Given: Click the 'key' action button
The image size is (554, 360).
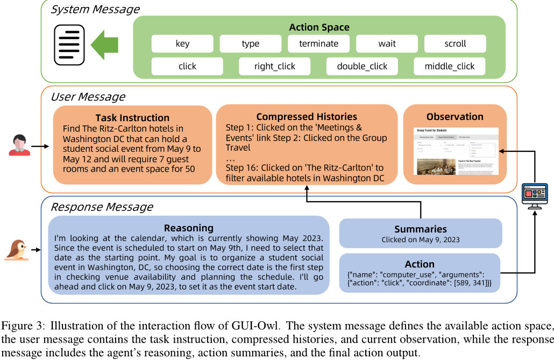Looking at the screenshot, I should [x=182, y=44].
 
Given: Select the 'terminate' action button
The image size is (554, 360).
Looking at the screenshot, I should [x=318, y=44].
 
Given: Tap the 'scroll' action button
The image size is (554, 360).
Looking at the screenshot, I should [x=455, y=44].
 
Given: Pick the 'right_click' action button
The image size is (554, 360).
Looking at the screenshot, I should [x=275, y=66].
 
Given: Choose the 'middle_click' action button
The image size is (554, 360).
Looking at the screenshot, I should [x=450, y=66].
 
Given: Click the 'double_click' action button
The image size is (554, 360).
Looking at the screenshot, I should [x=362, y=66].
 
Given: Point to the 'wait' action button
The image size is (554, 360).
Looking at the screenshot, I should [x=387, y=44].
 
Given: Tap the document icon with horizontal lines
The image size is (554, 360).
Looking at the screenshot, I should [x=69, y=45].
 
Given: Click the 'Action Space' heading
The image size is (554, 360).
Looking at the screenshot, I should [x=319, y=27].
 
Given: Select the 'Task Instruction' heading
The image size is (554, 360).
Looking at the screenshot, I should [x=132, y=118].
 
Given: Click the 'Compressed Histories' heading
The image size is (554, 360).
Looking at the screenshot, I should [x=307, y=117].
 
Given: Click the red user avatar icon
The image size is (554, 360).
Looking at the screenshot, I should [x=19, y=146].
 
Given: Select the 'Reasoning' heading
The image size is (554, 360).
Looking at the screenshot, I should [x=188, y=228].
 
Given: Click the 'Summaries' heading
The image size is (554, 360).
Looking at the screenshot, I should [x=420, y=229].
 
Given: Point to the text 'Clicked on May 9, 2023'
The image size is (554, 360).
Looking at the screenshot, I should [x=420, y=240].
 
